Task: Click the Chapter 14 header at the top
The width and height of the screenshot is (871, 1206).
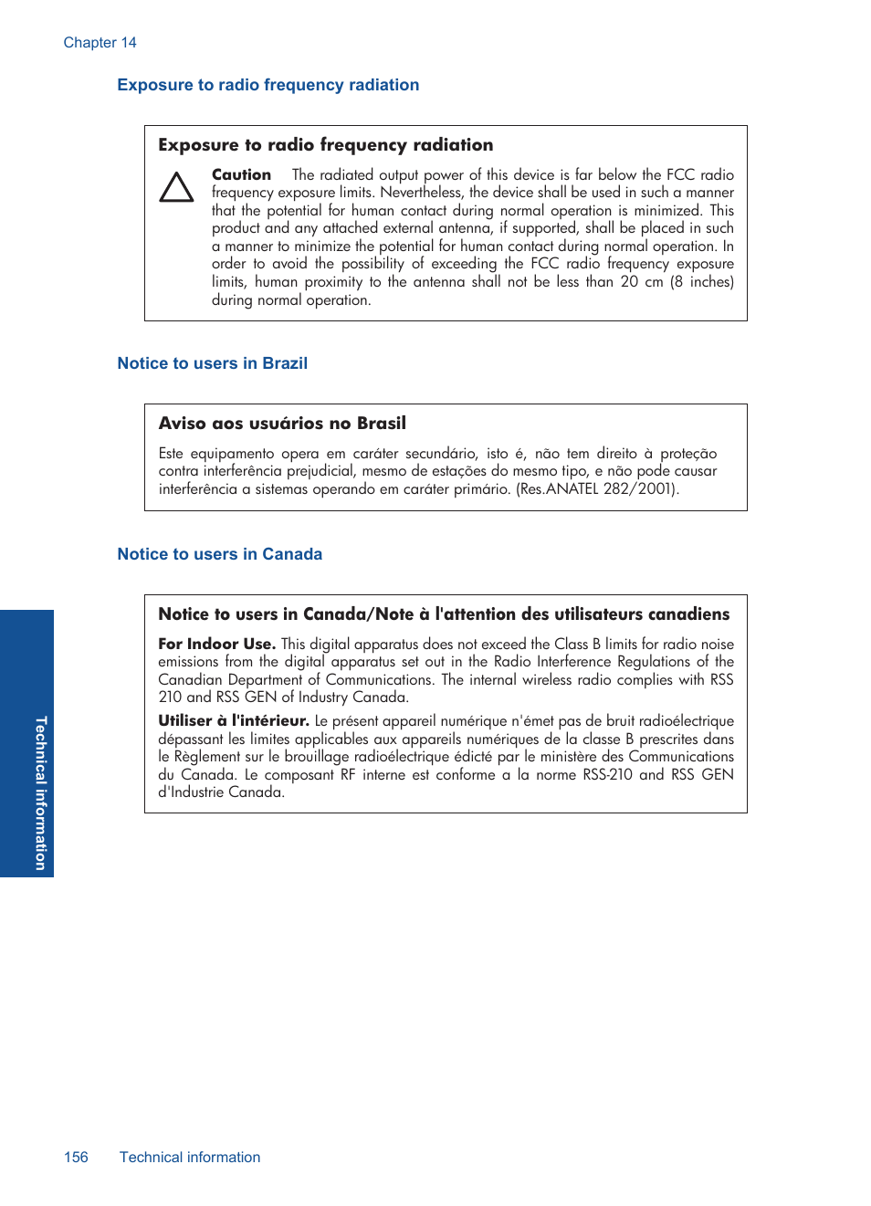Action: [x=100, y=43]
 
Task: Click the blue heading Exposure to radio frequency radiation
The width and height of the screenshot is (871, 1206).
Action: [x=268, y=85]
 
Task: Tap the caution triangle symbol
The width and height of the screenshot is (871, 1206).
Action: [x=176, y=187]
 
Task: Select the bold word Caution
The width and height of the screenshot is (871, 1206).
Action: [x=241, y=174]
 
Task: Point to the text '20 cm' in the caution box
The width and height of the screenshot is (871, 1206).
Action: [x=641, y=282]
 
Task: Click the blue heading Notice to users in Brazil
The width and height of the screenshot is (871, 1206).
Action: [x=212, y=363]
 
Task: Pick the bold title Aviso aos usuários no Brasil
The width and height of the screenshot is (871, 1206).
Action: [x=282, y=424]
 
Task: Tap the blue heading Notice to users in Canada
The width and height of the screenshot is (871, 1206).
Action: [x=219, y=554]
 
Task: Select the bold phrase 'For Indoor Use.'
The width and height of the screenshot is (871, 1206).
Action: [x=216, y=644]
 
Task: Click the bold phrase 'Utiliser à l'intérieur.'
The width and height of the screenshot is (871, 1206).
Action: [x=234, y=721]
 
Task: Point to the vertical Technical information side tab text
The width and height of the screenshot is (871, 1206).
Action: [x=40, y=792]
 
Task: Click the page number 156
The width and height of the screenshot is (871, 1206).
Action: [x=76, y=1158]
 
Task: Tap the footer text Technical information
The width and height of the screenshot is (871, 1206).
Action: [x=190, y=1158]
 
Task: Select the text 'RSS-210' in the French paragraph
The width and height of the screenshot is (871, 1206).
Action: [x=607, y=775]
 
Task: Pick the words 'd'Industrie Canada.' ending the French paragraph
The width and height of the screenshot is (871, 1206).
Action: [x=221, y=792]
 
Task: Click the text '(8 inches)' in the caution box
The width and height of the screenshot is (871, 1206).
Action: [x=702, y=282]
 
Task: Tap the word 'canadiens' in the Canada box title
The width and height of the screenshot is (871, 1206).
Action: [x=689, y=614]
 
